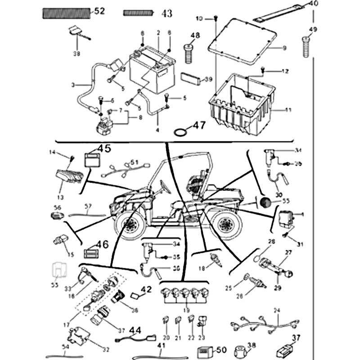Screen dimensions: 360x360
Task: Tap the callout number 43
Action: point(166,14)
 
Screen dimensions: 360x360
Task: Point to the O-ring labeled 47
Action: point(180,131)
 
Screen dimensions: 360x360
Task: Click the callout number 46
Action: point(102,245)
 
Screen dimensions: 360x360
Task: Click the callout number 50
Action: point(221,350)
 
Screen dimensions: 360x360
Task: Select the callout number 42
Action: point(147,289)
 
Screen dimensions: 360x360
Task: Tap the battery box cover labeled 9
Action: point(243,38)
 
